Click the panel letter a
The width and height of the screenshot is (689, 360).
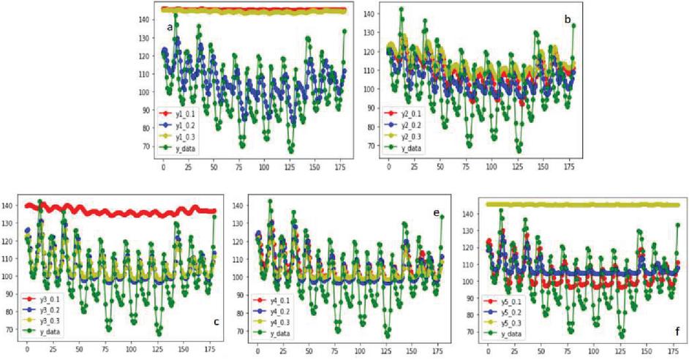tap(170, 28)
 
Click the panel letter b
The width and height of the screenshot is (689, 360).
tap(567, 20)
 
